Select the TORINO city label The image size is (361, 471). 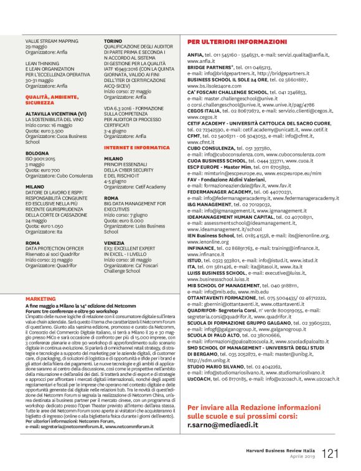[113, 39]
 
